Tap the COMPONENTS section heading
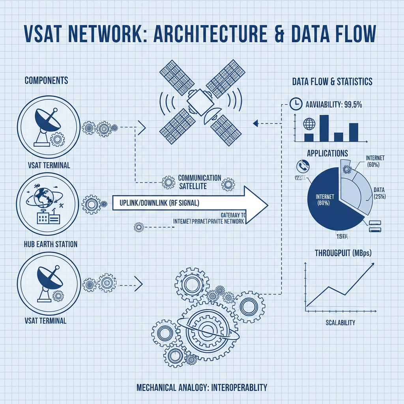pyautogui.click(x=46, y=80)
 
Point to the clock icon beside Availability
pyautogui.click(x=295, y=103)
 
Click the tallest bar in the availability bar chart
pyautogui.click(x=324, y=128)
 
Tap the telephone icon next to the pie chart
pyautogui.click(x=303, y=166)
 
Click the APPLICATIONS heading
pyautogui.click(x=327, y=153)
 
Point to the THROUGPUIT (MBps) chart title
pyautogui.click(x=343, y=252)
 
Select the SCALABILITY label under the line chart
pyautogui.click(x=340, y=322)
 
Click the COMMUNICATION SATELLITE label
pyautogui.click(x=199, y=182)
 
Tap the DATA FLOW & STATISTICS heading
pyautogui.click(x=332, y=82)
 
